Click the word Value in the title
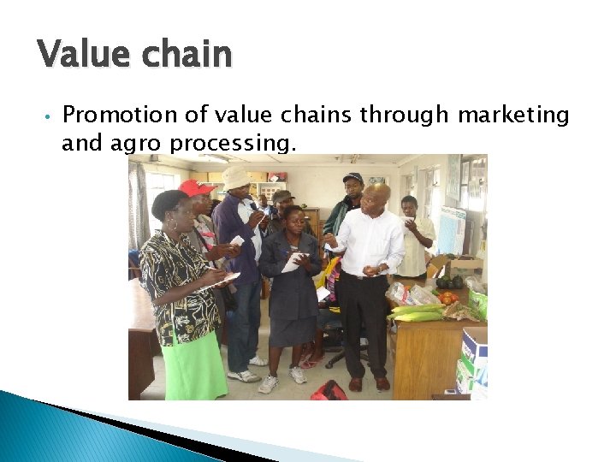81,54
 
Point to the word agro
136,143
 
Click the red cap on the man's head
196,187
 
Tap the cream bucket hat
236,175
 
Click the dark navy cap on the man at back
353,177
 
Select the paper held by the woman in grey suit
293,262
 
